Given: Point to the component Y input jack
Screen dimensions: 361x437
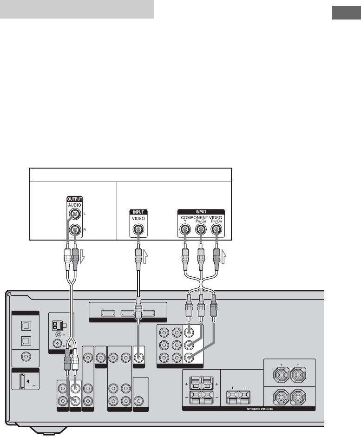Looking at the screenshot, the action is [185, 229].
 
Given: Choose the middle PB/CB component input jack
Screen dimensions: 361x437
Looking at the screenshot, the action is [201, 229].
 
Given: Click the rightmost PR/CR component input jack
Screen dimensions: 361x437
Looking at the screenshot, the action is [217, 229].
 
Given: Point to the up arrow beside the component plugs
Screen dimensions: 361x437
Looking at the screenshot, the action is [224, 255].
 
